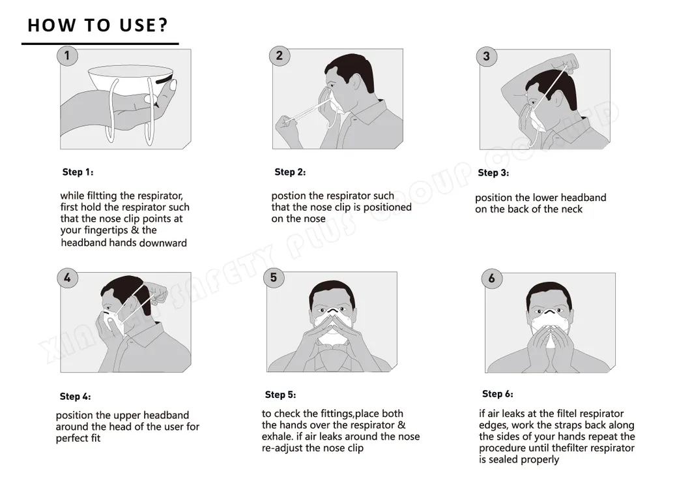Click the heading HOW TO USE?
tap(98, 25)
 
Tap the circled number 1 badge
tap(67, 55)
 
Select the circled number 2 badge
tap(280, 56)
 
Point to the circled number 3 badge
tap(487, 56)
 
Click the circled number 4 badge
tap(67, 278)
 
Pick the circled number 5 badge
tap(274, 278)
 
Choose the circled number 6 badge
tap(492, 279)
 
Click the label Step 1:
tap(78, 172)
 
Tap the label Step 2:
tap(290, 172)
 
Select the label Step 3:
tap(493, 173)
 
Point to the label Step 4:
tap(75, 397)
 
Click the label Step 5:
tap(280, 395)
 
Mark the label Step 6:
tap(498, 394)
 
